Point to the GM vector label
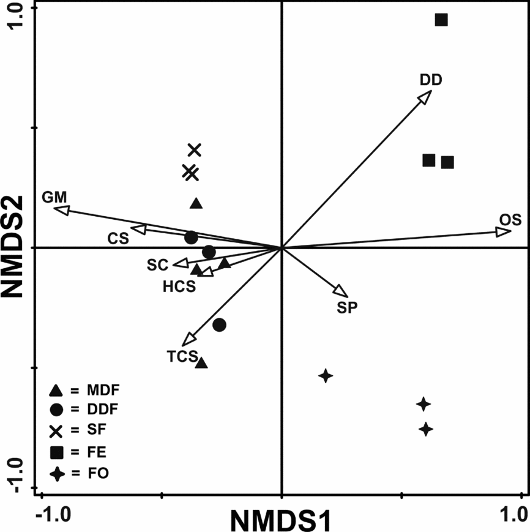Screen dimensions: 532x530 (54, 197)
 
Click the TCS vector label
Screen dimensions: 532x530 (182, 356)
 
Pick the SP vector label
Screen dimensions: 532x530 (347, 307)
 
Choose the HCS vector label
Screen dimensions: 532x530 (179, 286)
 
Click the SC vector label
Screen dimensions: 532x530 (157, 265)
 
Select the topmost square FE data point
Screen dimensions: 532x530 (441, 20)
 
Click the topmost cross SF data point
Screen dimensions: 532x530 (195, 149)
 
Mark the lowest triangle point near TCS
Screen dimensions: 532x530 (201, 363)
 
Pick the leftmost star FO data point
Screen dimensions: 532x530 (326, 375)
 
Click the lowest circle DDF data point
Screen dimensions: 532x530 (219, 324)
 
